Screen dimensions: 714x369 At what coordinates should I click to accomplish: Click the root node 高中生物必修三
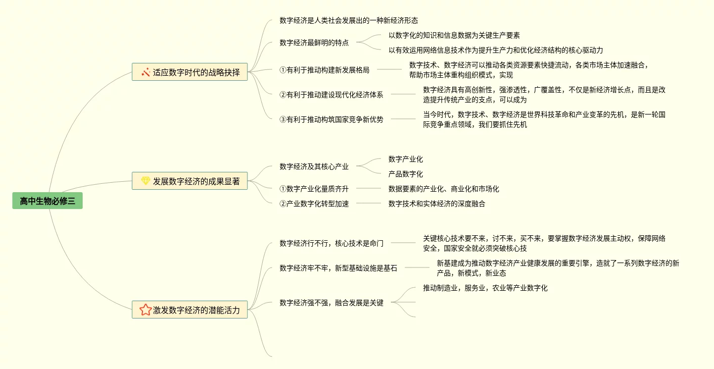(x=48, y=201)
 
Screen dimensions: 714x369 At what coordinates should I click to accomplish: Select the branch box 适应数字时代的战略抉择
(x=190, y=72)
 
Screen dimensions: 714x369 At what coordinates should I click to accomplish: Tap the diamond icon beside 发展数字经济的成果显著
(x=145, y=181)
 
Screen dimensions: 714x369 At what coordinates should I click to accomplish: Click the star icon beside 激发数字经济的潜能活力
(x=145, y=310)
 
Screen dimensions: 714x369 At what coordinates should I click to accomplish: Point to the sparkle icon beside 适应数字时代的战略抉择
(x=145, y=72)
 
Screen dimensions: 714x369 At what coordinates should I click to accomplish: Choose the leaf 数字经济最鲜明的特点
(x=314, y=43)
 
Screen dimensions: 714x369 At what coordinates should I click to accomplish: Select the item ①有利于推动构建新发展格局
(x=325, y=70)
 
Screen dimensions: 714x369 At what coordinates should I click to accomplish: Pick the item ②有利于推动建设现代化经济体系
(x=332, y=95)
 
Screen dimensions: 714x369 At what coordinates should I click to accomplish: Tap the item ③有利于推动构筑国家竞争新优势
(x=332, y=119)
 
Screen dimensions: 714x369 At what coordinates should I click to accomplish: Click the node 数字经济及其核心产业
(x=314, y=166)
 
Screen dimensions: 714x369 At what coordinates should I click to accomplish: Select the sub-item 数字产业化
(x=406, y=159)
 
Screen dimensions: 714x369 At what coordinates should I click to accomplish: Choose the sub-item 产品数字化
(x=406, y=174)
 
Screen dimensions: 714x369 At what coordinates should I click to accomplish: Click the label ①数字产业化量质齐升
(x=314, y=189)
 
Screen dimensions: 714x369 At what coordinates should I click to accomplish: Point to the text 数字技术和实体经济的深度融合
(x=437, y=204)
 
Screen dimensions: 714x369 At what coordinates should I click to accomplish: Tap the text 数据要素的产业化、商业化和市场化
(x=444, y=189)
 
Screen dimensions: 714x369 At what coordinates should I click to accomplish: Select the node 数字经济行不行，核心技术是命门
(x=332, y=243)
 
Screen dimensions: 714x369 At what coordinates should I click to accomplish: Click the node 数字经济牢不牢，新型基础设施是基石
(x=338, y=268)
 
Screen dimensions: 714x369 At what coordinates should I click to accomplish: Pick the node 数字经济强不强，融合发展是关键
(x=332, y=303)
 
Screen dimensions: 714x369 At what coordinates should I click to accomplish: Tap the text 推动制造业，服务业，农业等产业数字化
(x=485, y=288)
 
